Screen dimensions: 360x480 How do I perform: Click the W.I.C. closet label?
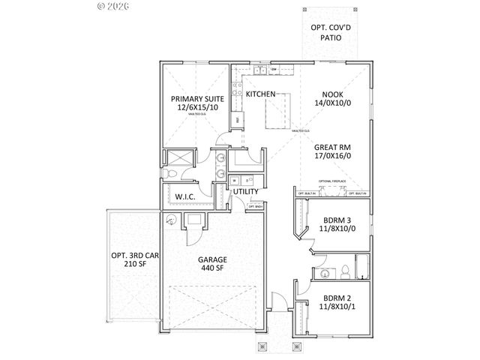coord(185,197)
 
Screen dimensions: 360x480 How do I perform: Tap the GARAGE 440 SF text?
coord(212,265)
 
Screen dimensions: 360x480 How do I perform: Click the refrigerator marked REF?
coord(238,118)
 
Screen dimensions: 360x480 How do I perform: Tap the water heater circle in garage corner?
coord(172,219)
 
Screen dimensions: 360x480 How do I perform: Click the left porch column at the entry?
coord(262,347)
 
